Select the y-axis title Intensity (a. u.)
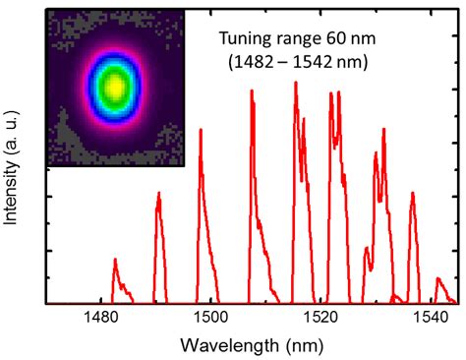tap(13, 167)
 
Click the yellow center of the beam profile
tap(115, 87)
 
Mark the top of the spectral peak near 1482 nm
tap(115, 260)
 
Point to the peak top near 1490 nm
tap(158, 193)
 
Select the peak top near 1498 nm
tap(201, 129)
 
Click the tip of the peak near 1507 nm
tap(253, 90)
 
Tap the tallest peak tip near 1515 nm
tap(295, 83)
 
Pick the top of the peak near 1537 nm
tap(413, 193)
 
